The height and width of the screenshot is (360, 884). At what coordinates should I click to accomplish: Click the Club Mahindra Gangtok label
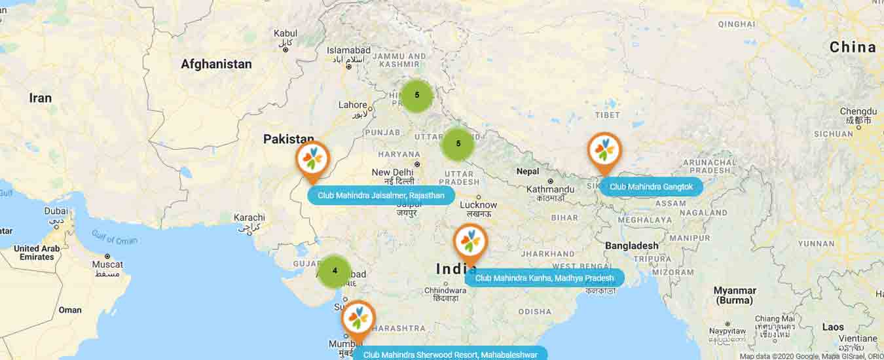point(651,187)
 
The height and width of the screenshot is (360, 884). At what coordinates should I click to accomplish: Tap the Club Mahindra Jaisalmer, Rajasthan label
point(381,195)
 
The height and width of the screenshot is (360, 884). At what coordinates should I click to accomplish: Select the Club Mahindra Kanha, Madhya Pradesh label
point(544,278)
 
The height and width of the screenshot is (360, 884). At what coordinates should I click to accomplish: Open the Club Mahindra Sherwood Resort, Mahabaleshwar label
point(450,354)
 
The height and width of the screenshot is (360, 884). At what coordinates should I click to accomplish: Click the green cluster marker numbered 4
point(335,271)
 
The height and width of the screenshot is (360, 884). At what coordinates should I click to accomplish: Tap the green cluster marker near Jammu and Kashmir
point(417,96)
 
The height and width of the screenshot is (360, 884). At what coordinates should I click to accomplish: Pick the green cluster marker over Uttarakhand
point(458,144)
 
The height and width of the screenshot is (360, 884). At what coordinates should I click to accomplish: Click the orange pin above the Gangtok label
point(604,151)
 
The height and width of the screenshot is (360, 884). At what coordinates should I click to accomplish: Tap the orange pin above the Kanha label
point(470,242)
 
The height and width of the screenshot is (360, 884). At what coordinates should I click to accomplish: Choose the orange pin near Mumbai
point(358,319)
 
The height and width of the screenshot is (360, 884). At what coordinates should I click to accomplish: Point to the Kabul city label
point(285,33)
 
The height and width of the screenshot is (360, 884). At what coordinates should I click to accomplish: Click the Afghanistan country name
point(216,64)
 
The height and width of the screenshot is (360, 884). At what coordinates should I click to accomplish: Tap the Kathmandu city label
point(551,190)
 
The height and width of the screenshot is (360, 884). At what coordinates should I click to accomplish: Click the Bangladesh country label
point(631,245)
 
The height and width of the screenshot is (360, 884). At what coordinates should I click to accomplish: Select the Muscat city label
point(107,264)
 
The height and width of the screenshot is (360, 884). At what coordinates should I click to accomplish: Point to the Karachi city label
point(249,217)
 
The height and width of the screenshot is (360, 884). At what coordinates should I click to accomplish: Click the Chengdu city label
point(858,112)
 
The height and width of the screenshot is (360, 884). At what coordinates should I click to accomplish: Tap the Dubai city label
point(56,211)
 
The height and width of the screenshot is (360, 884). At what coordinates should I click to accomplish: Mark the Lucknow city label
point(479,205)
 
